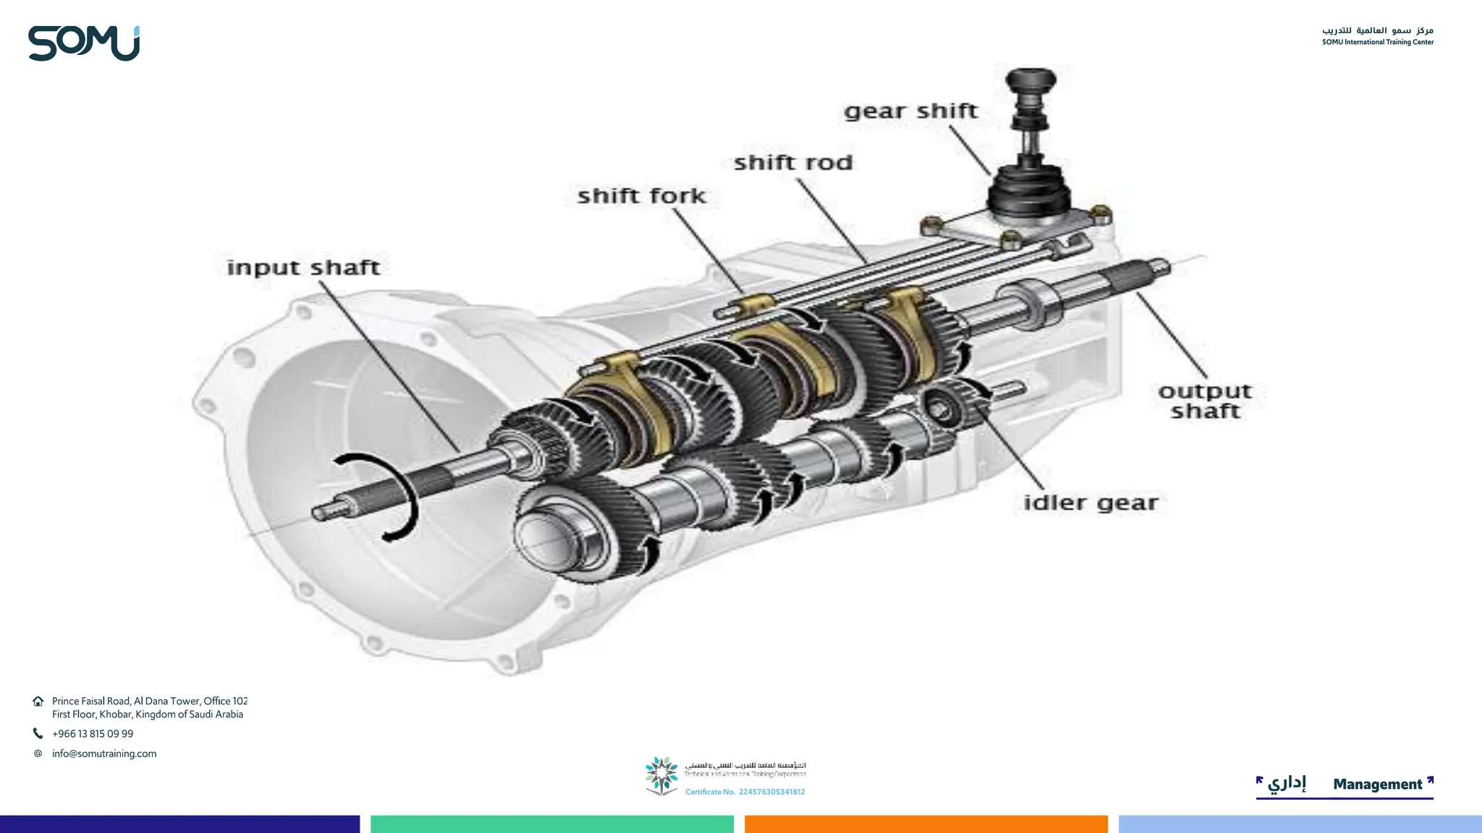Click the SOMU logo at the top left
(x=84, y=43)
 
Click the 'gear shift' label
(x=910, y=111)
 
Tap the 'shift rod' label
(x=793, y=163)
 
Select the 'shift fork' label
(x=641, y=196)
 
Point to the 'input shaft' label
(x=303, y=268)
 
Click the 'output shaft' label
(x=1205, y=401)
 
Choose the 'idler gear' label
(x=1091, y=503)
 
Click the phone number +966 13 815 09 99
(x=93, y=734)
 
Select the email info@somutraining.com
(x=104, y=753)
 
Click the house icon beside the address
(x=38, y=701)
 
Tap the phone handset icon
(x=38, y=734)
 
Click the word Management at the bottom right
(x=1377, y=785)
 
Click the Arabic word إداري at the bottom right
(x=1287, y=783)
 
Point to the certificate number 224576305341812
(x=771, y=792)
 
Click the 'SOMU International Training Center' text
(x=1377, y=42)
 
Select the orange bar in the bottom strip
(x=926, y=824)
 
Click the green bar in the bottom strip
(x=552, y=824)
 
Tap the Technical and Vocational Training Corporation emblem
(x=661, y=775)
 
